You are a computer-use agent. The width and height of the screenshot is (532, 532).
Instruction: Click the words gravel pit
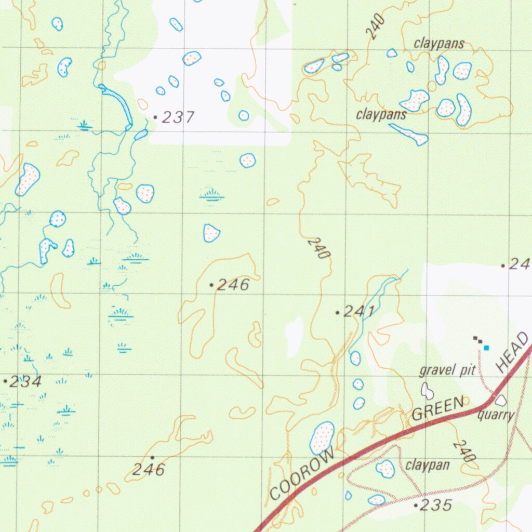447,370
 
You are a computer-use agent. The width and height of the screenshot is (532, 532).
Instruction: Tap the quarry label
496,415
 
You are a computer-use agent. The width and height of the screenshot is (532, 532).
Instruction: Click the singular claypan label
427,465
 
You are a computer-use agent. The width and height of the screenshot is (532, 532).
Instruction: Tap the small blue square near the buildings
486,347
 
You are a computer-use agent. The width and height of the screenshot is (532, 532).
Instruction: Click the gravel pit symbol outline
427,390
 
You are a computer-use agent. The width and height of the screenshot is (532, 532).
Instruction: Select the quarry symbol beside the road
501,401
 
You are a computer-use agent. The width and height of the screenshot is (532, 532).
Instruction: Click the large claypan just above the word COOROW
323,437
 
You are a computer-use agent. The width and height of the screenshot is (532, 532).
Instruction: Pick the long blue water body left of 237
119,103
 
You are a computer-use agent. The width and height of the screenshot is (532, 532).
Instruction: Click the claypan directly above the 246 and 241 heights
211,233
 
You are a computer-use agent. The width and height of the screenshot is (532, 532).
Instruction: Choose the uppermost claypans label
439,44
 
